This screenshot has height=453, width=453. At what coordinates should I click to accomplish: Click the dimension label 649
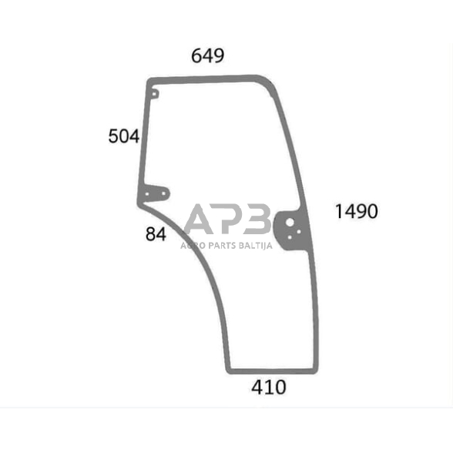point(207,55)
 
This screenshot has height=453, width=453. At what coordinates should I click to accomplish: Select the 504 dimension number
point(123,136)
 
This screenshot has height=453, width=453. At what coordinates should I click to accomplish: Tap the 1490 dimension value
point(356,211)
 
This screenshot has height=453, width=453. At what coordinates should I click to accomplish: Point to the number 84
point(156,234)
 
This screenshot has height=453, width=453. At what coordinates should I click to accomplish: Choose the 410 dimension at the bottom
point(269,388)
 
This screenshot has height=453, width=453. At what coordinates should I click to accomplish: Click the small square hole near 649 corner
point(154,94)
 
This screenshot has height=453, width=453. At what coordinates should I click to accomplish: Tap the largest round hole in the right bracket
point(290,223)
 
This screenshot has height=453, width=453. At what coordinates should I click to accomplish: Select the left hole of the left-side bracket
point(147,194)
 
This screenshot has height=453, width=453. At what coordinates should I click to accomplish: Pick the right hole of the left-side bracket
point(163,193)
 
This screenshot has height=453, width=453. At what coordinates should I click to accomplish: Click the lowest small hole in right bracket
point(290,237)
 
